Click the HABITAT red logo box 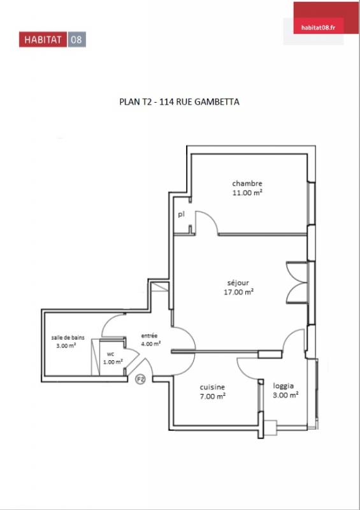43,40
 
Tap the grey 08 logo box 76,40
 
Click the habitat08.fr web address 318,27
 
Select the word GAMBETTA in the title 217,102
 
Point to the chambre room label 247,184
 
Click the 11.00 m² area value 247,193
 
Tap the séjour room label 238,283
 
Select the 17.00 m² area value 238,292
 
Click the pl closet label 181,215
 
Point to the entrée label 149,336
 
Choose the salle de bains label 68,338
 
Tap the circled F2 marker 140,379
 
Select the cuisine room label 212,388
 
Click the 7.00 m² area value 213,397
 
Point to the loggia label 284,386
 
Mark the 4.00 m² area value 151,344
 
